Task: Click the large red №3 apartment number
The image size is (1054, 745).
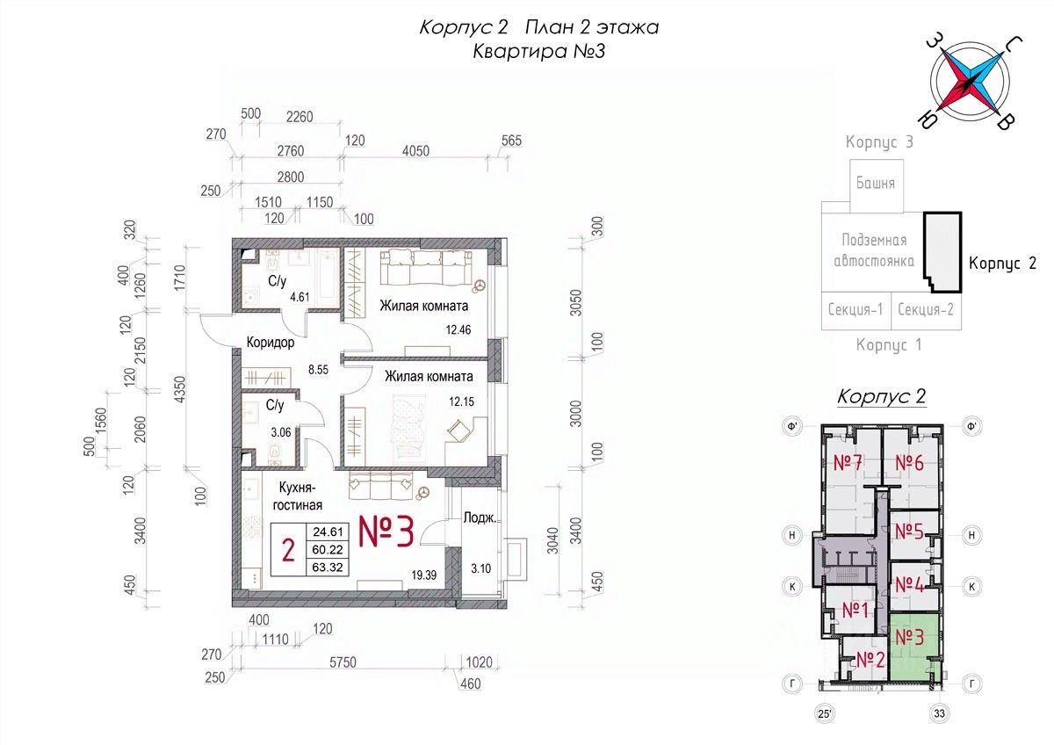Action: click(x=386, y=532)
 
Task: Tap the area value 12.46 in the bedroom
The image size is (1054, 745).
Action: click(x=458, y=329)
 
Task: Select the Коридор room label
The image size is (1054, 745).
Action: click(x=271, y=342)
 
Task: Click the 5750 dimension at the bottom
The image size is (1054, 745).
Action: click(x=343, y=662)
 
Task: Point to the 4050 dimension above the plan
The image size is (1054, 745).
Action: click(x=415, y=150)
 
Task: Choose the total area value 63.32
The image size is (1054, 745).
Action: click(x=328, y=568)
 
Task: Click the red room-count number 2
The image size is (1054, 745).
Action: click(x=288, y=550)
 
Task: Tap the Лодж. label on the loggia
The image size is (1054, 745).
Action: click(x=480, y=518)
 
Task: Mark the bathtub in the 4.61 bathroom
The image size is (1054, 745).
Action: click(x=328, y=278)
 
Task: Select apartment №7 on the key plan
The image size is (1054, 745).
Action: click(x=848, y=463)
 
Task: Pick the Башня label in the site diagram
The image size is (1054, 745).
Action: click(x=876, y=183)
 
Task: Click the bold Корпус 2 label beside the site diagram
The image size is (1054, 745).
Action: click(x=1003, y=263)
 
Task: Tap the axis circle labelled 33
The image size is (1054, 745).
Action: click(x=939, y=713)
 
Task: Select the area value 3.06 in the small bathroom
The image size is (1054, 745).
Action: click(x=281, y=431)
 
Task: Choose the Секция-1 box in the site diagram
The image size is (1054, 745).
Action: click(x=855, y=310)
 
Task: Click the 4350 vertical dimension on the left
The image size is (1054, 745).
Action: click(x=180, y=390)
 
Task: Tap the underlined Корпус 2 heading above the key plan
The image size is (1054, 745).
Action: click(x=881, y=397)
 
